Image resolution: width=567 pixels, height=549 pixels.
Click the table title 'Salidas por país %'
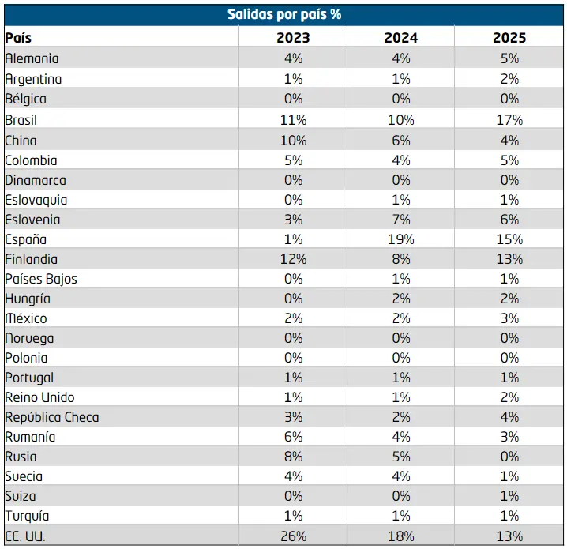click(x=284, y=14)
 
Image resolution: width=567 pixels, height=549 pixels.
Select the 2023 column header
click(x=293, y=38)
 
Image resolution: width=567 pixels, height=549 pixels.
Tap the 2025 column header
click(x=509, y=38)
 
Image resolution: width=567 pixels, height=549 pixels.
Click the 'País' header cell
click(x=18, y=38)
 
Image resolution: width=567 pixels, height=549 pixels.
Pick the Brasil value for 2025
click(x=509, y=120)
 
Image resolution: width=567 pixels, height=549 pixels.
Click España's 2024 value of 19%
click(x=401, y=239)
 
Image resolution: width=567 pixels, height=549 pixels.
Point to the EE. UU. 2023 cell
click(x=293, y=536)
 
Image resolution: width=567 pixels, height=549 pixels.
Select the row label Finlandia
click(x=31, y=259)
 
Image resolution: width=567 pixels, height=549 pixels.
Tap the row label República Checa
click(x=51, y=417)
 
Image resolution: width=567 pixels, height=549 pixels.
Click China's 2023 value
click(x=293, y=141)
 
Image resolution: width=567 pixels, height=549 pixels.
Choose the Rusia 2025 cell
click(x=509, y=457)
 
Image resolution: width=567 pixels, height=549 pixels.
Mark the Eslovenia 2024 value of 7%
click(x=401, y=220)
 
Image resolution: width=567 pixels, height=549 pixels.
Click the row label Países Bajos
click(x=41, y=279)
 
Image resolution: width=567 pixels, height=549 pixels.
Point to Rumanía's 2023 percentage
click(x=293, y=437)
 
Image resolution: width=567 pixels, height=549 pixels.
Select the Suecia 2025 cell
click(x=509, y=476)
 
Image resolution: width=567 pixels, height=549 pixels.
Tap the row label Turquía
click(x=27, y=516)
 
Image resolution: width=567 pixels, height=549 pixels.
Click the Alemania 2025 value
click(x=509, y=58)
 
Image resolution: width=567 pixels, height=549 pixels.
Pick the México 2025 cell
click(x=509, y=318)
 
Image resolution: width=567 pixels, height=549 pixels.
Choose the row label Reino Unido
click(x=39, y=397)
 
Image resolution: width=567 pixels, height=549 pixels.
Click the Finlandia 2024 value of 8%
click(x=401, y=259)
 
